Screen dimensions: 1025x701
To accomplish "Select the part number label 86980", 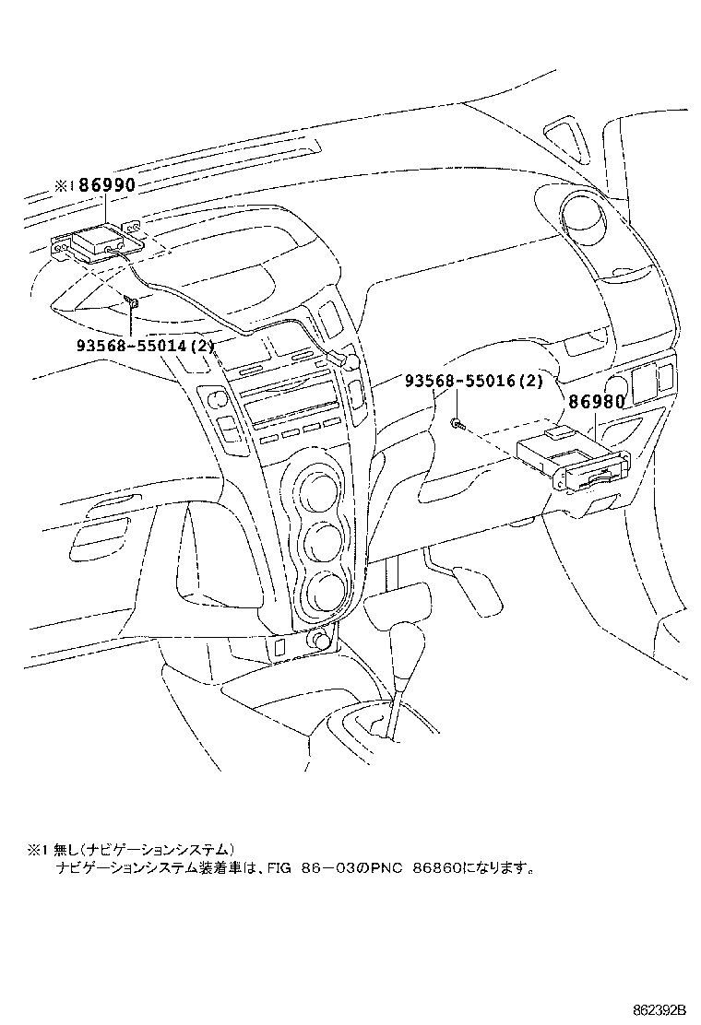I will pos(596,402).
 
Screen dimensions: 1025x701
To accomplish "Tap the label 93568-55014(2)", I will pos(146,347).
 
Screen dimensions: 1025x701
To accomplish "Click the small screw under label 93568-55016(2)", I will pos(457,422).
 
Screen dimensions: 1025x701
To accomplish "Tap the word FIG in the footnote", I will pos(281,867).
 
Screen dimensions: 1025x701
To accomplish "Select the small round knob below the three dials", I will pos(321,639).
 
